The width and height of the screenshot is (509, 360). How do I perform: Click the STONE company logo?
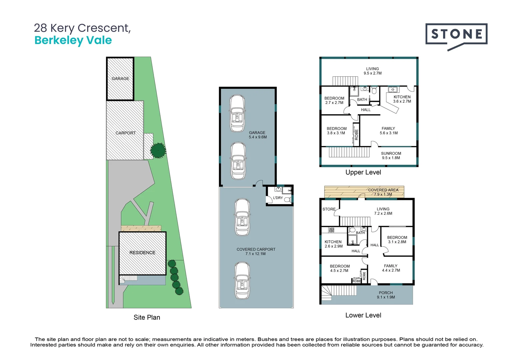(x=456, y=35)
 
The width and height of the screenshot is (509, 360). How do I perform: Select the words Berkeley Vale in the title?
(x=73, y=40)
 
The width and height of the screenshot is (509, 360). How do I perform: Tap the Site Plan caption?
(x=147, y=317)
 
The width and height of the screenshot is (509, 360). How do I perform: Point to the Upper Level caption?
(x=363, y=172)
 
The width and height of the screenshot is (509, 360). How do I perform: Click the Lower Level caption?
(x=363, y=315)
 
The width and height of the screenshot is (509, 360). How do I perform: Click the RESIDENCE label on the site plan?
(x=142, y=253)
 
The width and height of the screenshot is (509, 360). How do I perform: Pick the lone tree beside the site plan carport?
(x=158, y=150)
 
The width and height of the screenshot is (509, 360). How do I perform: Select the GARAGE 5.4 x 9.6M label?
(x=257, y=135)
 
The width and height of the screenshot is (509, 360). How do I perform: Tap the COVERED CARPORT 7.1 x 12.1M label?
(x=256, y=251)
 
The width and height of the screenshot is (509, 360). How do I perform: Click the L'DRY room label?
(x=278, y=198)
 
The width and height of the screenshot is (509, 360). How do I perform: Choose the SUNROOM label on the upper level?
(x=391, y=156)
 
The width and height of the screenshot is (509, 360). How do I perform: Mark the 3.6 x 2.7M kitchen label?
(x=402, y=99)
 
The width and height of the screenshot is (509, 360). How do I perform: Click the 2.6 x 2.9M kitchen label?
(x=333, y=244)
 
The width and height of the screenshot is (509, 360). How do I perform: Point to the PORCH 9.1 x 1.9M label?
(x=386, y=295)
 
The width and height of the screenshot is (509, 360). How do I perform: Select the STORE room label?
(x=329, y=209)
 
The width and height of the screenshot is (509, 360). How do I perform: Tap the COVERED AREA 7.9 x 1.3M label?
(x=383, y=192)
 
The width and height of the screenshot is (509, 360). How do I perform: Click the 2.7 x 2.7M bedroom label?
(x=334, y=100)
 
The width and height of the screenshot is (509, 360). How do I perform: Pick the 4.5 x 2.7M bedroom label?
(x=339, y=268)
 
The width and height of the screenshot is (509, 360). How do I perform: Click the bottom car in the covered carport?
(x=242, y=280)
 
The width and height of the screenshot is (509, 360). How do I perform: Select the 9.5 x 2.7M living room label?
(x=372, y=71)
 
